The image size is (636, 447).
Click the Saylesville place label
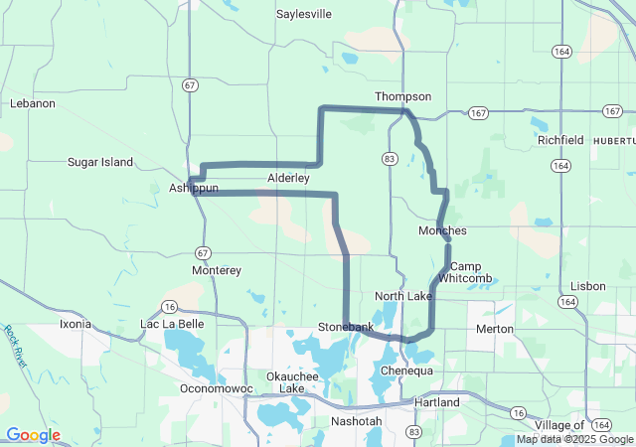click(x=304, y=15)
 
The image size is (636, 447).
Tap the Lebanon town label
click(x=33, y=103)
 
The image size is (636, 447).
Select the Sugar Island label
click(x=100, y=162)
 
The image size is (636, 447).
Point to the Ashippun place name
click(x=193, y=188)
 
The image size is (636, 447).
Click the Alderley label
click(x=289, y=178)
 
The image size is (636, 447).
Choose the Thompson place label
click(x=402, y=96)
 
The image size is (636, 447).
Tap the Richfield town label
click(x=560, y=140)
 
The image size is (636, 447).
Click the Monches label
click(x=442, y=230)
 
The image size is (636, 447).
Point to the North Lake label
click(x=402, y=296)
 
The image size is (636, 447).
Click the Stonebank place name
click(x=346, y=327)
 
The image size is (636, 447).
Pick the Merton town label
click(x=495, y=329)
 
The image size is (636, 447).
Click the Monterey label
click(x=217, y=270)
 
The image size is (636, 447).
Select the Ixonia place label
click(x=75, y=324)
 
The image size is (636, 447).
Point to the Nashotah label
click(x=356, y=421)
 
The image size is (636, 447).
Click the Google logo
click(x=33, y=435)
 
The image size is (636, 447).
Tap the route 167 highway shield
click(x=479, y=113)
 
